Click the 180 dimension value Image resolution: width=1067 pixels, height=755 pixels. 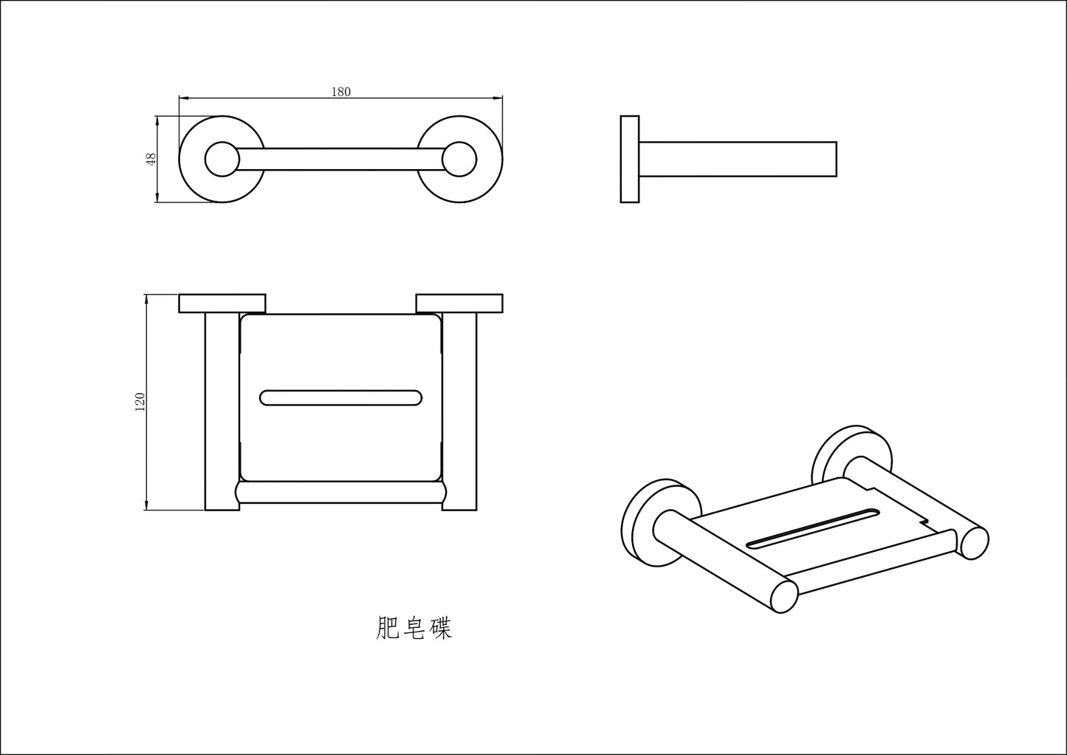click(341, 92)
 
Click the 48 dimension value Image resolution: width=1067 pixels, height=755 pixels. click(151, 159)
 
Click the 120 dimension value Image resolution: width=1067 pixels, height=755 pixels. click(140, 403)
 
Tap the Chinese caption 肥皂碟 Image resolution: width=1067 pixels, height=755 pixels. click(414, 628)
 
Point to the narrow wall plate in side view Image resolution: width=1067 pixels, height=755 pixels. click(630, 159)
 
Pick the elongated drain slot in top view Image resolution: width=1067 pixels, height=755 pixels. click(341, 398)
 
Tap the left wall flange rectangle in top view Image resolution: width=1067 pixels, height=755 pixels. click(222, 304)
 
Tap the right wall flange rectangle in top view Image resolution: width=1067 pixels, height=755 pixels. click(459, 304)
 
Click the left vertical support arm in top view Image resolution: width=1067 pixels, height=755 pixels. click(222, 411)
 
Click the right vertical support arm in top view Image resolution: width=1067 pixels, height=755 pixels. click(459, 411)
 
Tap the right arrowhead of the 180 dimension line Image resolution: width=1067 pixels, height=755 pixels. click(498, 98)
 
